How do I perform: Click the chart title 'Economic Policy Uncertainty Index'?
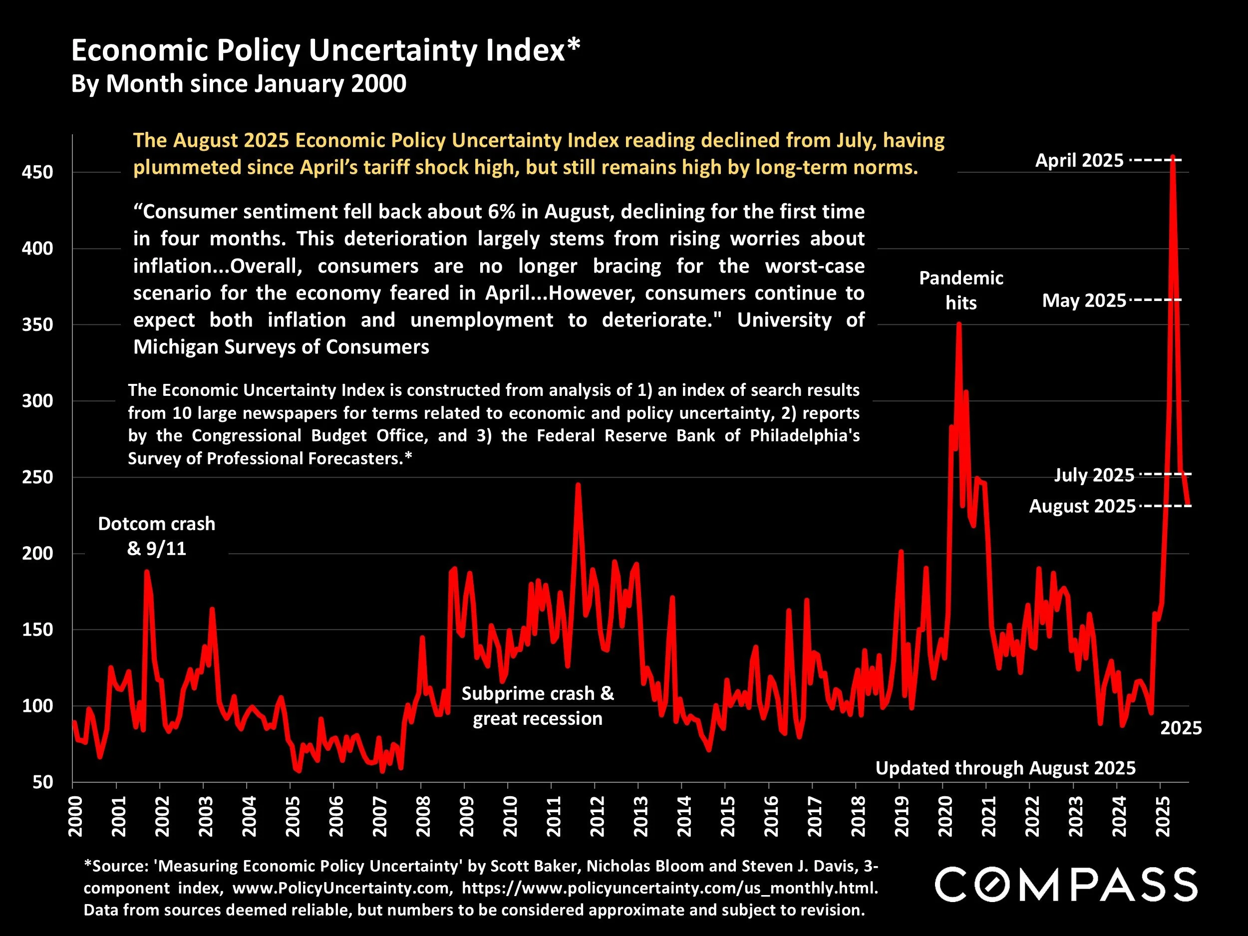(x=325, y=50)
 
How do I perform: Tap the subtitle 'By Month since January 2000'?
(x=238, y=84)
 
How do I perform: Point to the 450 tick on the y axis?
(x=37, y=172)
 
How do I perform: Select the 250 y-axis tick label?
(x=37, y=477)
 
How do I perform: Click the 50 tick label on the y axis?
(x=42, y=782)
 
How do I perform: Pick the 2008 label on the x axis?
(x=423, y=816)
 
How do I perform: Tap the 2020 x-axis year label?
(x=945, y=816)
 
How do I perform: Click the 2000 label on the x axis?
(x=75, y=816)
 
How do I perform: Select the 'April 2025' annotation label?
(x=1079, y=161)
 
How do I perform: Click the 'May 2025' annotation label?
(x=1084, y=301)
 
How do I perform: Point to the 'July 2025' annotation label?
(x=1094, y=475)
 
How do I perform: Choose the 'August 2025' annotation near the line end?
(x=1082, y=506)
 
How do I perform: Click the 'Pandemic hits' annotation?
(x=961, y=290)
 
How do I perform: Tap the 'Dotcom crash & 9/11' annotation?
(x=156, y=536)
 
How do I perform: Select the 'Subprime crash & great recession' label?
(x=537, y=706)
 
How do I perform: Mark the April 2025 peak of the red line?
(x=1173, y=157)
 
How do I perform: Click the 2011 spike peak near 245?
(x=578, y=484)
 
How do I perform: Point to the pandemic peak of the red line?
(x=959, y=324)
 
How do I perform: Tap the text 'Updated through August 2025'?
(x=1005, y=768)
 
